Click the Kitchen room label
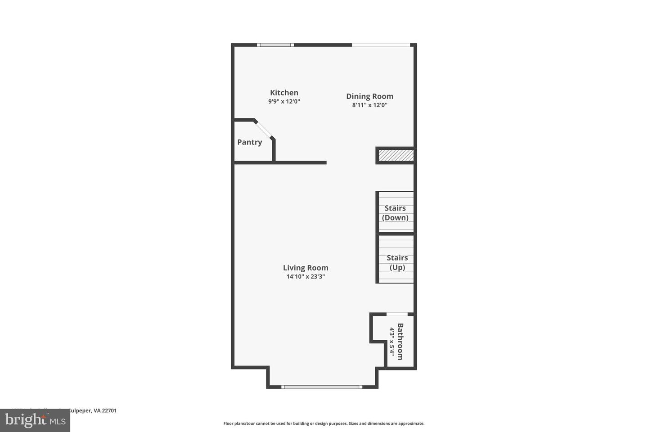point(284,93)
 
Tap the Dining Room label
point(369,96)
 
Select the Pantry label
point(249,142)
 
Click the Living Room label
point(306,268)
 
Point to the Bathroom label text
point(400,341)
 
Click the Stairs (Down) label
point(395,213)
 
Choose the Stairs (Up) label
point(397,262)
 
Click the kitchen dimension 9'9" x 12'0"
point(284,102)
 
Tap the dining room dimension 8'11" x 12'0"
point(369,105)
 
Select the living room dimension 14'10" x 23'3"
point(306,277)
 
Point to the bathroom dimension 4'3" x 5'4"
point(391,342)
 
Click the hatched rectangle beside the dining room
point(396,156)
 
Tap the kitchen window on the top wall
point(275,45)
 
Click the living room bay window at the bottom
point(322,387)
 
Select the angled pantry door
point(264,129)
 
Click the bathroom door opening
point(397,314)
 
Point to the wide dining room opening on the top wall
point(381,45)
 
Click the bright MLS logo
point(35,421)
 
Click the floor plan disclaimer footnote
point(324,423)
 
